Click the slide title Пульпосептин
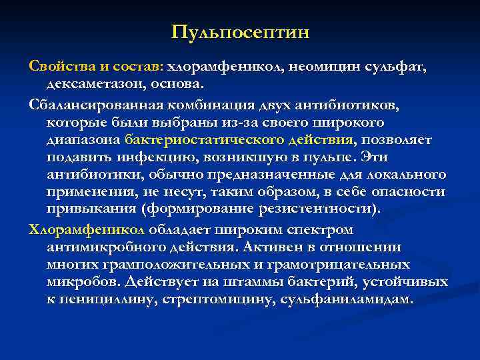[240, 32]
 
